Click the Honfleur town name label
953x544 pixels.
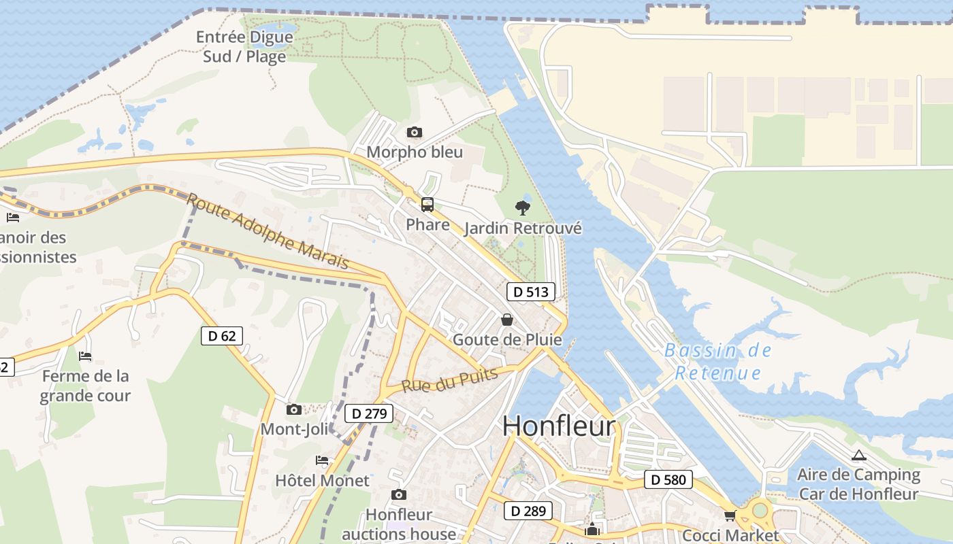pos(559,426)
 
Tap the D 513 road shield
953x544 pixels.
pos(530,292)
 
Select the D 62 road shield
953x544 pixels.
pos(222,335)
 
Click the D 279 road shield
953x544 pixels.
pos(370,413)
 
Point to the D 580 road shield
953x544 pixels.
pos(668,479)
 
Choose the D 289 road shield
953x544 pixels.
pos(528,511)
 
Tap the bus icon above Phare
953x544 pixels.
pos(427,204)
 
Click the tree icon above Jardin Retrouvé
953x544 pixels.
pos(523,207)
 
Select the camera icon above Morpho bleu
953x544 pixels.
pos(414,132)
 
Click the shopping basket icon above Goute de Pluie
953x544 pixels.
pos(507,319)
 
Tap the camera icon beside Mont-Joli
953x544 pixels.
pos(294,409)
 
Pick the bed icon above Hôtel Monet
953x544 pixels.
pos(322,460)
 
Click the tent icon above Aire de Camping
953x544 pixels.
pos(858,455)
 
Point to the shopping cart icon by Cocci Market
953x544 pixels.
pos(730,515)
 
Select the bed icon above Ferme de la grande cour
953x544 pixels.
pos(85,356)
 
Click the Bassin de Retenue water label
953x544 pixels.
pos(718,362)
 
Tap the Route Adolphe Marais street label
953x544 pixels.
pos(268,232)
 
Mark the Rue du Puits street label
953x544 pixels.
pos(449,380)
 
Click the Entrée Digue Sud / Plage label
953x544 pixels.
pos(244,46)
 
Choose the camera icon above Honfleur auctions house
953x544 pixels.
pos(399,494)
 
